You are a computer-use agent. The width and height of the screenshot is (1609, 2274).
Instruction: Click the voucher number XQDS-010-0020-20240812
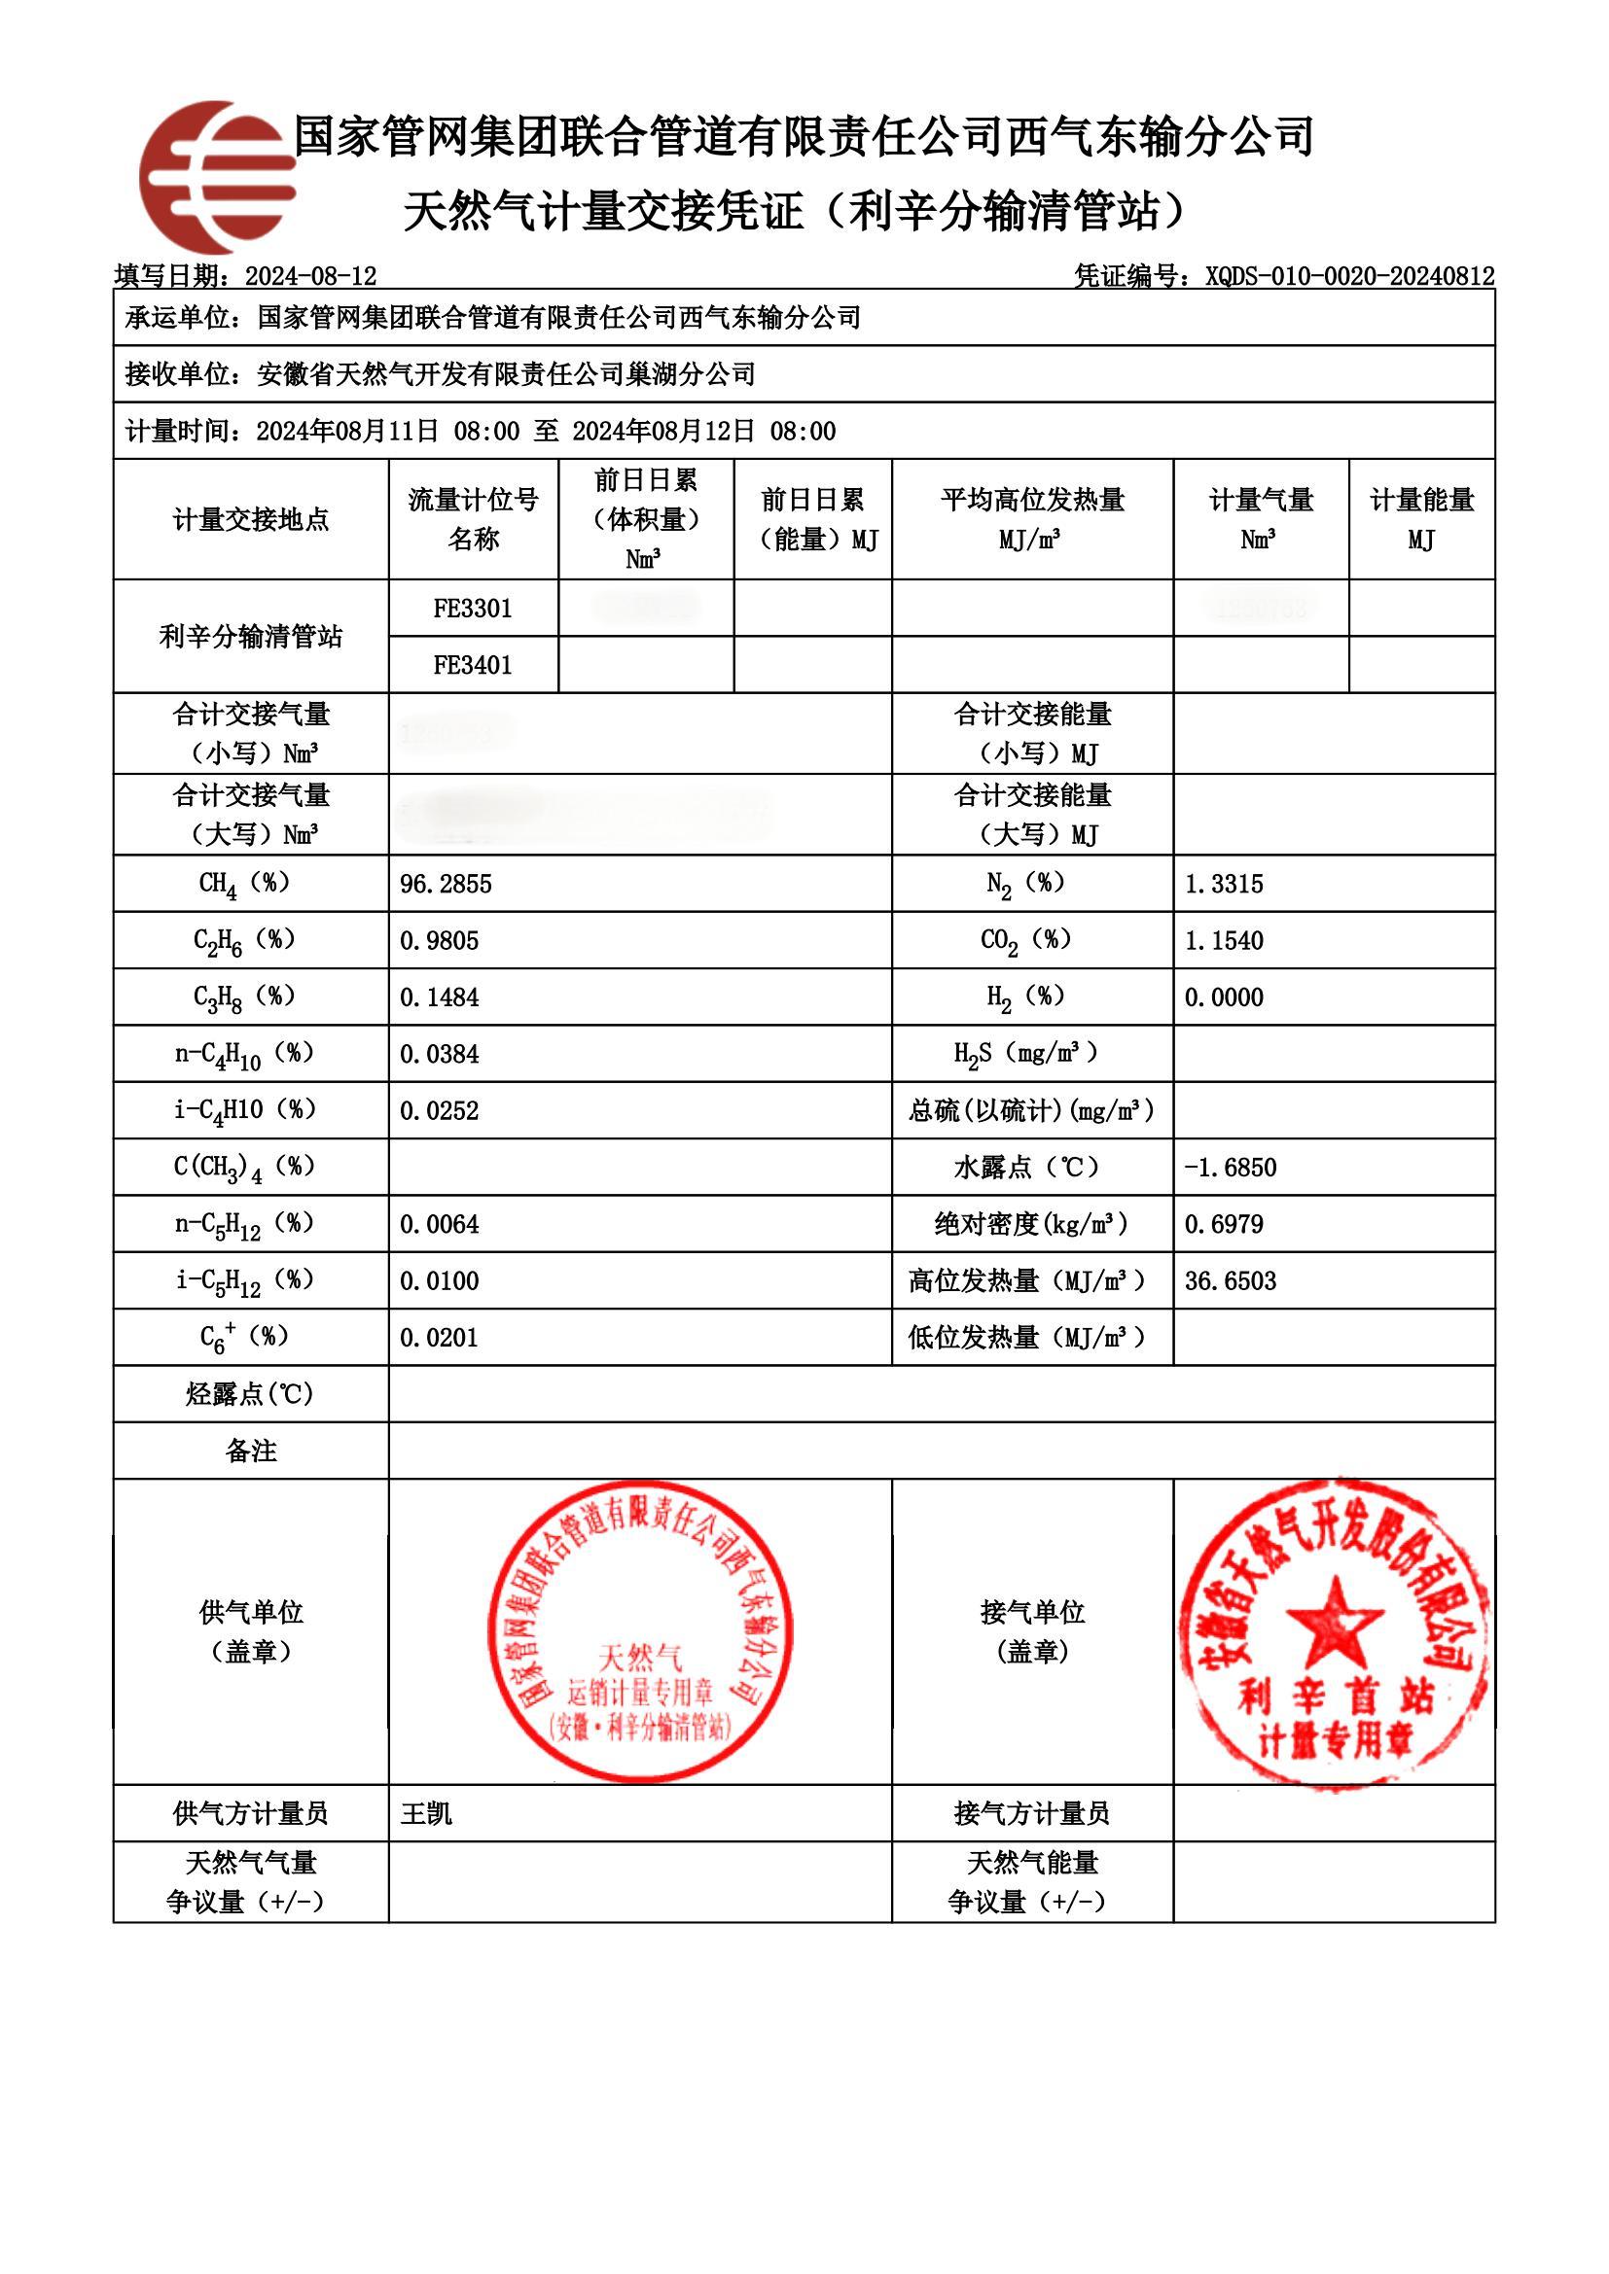pos(1348,276)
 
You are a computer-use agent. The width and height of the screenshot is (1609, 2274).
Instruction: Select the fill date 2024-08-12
pos(310,276)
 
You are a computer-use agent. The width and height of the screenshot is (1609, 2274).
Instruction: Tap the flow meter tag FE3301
pos(473,608)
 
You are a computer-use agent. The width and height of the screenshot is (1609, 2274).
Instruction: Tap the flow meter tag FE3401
pos(473,665)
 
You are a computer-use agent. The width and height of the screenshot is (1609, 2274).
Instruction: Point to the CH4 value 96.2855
pos(446,885)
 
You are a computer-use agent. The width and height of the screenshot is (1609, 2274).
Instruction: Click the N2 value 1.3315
pos(1224,885)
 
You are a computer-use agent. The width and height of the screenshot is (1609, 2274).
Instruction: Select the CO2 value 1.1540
pos(1224,941)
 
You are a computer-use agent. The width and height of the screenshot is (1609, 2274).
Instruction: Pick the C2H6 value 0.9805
pos(439,941)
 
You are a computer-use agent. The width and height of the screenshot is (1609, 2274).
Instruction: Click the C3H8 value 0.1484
pos(439,997)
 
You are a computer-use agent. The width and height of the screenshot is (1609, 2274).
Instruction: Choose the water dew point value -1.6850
pos(1230,1168)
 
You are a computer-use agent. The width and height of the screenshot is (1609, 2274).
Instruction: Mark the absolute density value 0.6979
pos(1224,1224)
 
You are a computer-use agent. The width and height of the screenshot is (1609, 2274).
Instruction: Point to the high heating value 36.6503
pos(1230,1281)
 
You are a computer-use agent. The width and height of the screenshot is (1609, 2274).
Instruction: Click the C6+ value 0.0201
pos(439,1338)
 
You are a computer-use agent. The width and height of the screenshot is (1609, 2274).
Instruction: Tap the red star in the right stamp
pos(1334,1626)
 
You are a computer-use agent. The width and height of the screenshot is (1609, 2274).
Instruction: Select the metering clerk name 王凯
pos(426,1814)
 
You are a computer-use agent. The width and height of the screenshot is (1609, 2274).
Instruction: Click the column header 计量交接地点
pos(251,519)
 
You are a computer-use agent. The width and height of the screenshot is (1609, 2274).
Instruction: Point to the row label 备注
pos(251,1452)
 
